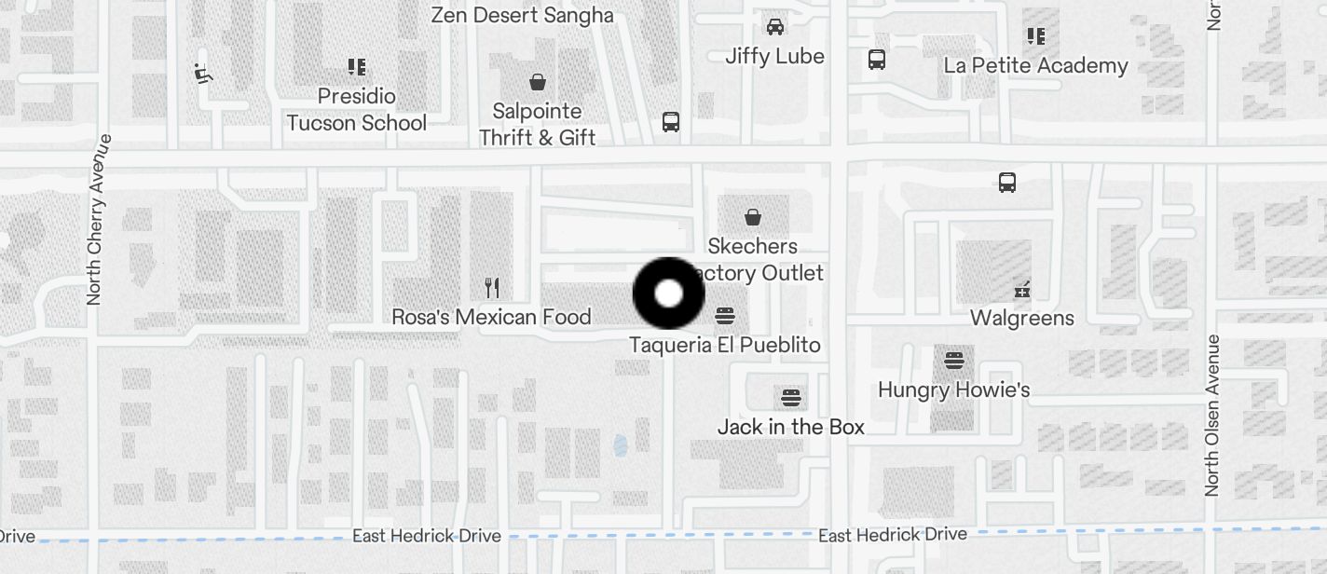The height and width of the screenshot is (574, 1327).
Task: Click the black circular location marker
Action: pyautogui.click(x=668, y=294)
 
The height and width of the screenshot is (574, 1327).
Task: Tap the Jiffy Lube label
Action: pyautogui.click(x=774, y=56)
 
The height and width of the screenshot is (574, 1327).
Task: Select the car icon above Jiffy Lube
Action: pyautogui.click(x=774, y=26)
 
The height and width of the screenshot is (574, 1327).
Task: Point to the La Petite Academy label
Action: pyautogui.click(x=1035, y=65)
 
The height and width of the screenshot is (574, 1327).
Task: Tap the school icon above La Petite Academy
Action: pyautogui.click(x=1035, y=36)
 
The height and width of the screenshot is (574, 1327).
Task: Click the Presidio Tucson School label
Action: pyautogui.click(x=357, y=109)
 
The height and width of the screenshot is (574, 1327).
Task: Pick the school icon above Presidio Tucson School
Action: pyautogui.click(x=356, y=66)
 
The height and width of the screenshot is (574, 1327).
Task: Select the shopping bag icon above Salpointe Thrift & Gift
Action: pyautogui.click(x=537, y=82)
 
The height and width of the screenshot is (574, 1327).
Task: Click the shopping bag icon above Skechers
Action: pyautogui.click(x=752, y=217)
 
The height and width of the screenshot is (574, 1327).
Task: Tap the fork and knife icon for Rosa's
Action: pyautogui.click(x=492, y=287)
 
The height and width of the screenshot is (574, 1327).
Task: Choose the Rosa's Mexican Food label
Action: pyautogui.click(x=491, y=317)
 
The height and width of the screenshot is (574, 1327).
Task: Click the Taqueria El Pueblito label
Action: pyautogui.click(x=724, y=345)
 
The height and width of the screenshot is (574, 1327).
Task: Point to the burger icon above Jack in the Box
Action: pyautogui.click(x=790, y=398)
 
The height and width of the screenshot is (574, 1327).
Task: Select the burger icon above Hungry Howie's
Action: pyautogui.click(x=953, y=359)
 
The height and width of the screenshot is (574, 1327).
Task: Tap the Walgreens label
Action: pyautogui.click(x=1021, y=318)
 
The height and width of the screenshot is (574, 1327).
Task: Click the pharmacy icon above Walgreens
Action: pyautogui.click(x=1021, y=289)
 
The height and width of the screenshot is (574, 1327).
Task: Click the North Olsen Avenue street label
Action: pyautogui.click(x=1211, y=415)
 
